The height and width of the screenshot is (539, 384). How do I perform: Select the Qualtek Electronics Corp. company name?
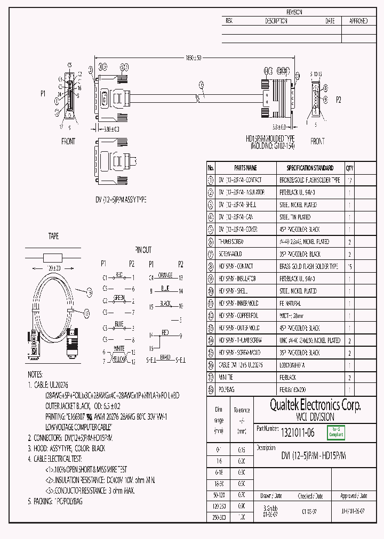(x=308, y=406)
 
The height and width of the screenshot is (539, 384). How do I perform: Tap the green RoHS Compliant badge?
(x=336, y=432)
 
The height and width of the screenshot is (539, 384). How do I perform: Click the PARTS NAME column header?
(x=245, y=168)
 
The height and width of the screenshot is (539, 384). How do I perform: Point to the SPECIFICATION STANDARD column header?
(x=310, y=168)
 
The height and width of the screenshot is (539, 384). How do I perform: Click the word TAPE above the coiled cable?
(x=53, y=236)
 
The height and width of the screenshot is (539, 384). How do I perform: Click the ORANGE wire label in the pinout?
(x=165, y=276)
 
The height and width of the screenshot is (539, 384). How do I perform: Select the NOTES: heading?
(x=38, y=375)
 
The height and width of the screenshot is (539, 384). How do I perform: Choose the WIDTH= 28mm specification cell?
(x=291, y=316)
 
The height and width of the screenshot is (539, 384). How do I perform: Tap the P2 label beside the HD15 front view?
(x=338, y=100)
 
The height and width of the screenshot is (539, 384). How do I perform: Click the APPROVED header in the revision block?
(x=358, y=21)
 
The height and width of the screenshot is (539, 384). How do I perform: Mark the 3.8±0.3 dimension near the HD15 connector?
(x=279, y=127)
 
